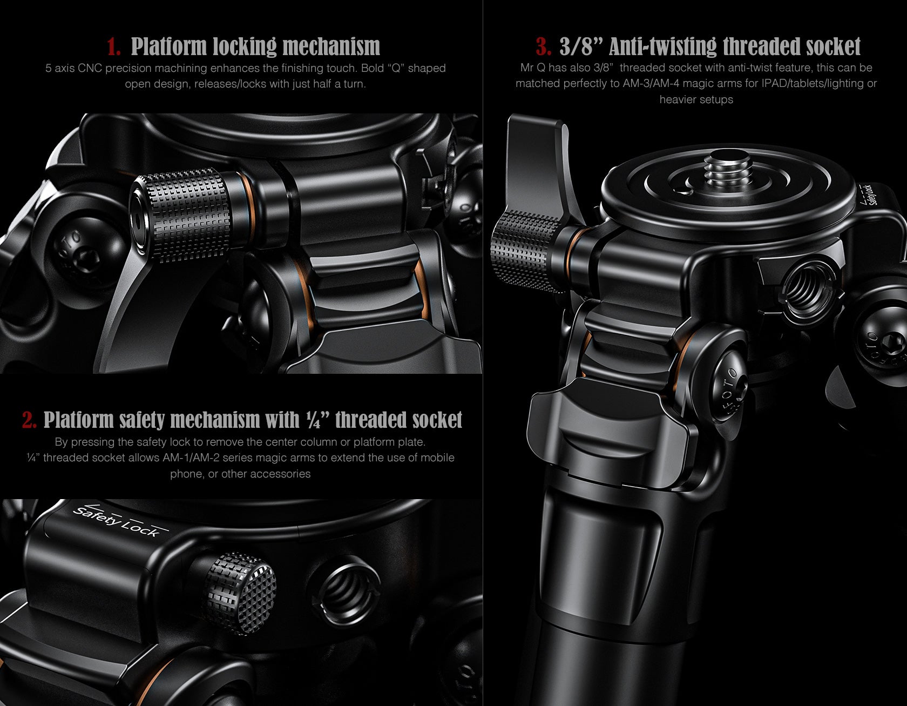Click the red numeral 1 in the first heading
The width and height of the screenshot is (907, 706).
[113, 47]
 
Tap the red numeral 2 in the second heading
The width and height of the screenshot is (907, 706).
[29, 420]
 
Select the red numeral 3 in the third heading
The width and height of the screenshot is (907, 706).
[543, 47]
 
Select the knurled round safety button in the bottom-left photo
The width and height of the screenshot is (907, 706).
[240, 593]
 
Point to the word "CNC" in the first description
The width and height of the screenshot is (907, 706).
[90, 69]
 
